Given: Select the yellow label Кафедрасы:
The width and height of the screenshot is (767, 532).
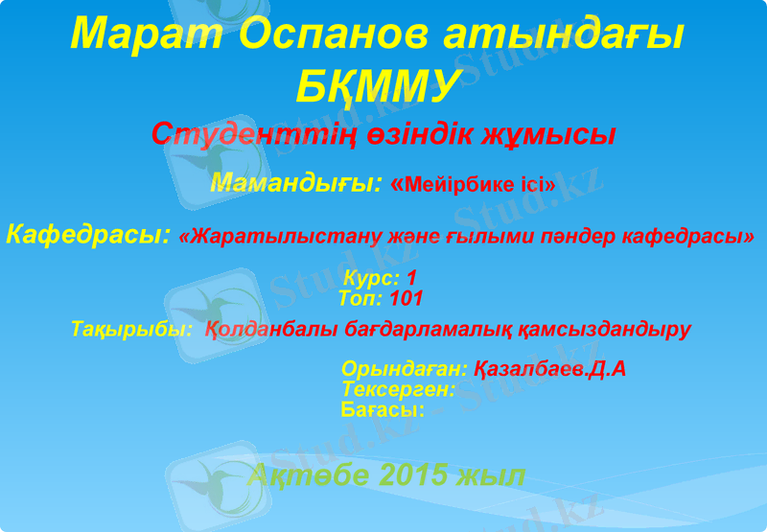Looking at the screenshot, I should pyautogui.click(x=88, y=234).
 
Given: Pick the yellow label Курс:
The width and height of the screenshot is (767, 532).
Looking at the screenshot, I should pyautogui.click(x=372, y=279).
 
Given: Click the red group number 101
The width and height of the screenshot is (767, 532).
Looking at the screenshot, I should pyautogui.click(x=407, y=298).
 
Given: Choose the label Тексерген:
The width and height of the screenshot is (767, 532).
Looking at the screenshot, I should pyautogui.click(x=398, y=389).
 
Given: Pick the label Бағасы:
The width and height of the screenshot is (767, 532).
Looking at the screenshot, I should pyautogui.click(x=383, y=409).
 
